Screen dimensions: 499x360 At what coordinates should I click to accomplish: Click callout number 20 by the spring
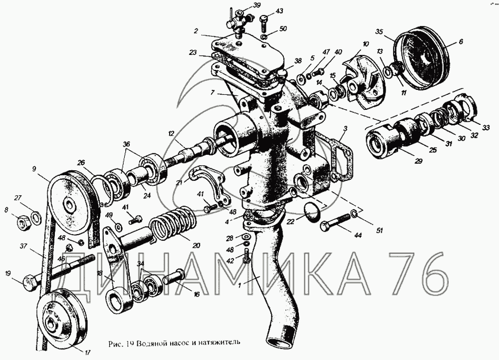click(197, 246)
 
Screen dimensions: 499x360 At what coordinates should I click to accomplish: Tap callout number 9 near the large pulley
click(34, 169)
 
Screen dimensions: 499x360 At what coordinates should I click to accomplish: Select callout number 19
click(8, 273)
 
